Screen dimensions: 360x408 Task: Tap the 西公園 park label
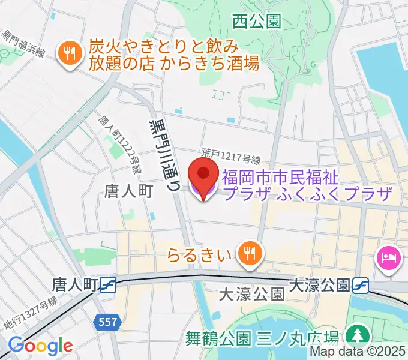pos(257,22)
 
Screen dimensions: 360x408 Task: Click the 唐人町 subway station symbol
pos(108,284)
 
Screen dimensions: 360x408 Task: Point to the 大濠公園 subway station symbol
pos(361,284)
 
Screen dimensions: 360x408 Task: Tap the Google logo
pos(40,346)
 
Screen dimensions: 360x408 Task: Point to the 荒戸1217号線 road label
pos(232,158)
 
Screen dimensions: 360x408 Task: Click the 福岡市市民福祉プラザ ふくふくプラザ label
pos(306,185)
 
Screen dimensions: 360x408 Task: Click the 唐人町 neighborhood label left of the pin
pos(130,191)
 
